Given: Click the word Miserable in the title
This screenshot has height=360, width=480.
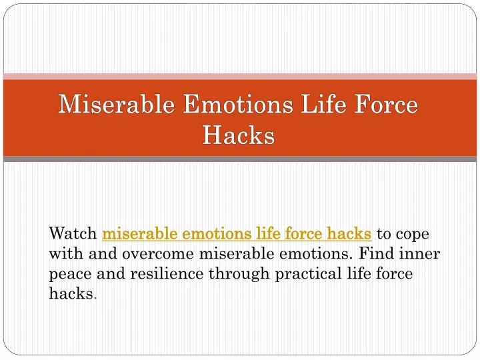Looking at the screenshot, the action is pos(116,104).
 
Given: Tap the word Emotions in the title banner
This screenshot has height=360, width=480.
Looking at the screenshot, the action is pos(238,104).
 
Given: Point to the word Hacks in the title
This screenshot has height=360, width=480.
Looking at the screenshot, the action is pos(238,135).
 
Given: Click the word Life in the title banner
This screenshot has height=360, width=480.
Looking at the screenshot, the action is pos(323,104).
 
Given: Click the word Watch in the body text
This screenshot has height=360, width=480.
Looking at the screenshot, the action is pos(73,233).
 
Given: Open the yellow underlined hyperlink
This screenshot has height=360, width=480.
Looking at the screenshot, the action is pos(237,233).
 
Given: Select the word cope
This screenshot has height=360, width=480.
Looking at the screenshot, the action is pos(413,235).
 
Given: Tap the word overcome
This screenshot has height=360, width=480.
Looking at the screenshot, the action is pos(158,254).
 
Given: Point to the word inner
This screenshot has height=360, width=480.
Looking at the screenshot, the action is pos(419,253).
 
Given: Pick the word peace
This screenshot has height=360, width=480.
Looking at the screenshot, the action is pos(70,275).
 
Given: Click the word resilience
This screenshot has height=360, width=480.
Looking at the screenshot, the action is pos(167,273).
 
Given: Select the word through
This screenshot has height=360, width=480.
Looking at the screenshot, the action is pos(239,274).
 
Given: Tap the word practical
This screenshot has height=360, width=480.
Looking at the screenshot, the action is pos(308,274).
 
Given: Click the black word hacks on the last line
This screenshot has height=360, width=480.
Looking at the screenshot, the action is pos(71,293).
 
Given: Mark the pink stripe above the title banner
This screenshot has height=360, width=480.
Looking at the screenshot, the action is pos(240,77).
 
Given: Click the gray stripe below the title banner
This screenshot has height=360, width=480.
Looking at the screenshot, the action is pos(240,159).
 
